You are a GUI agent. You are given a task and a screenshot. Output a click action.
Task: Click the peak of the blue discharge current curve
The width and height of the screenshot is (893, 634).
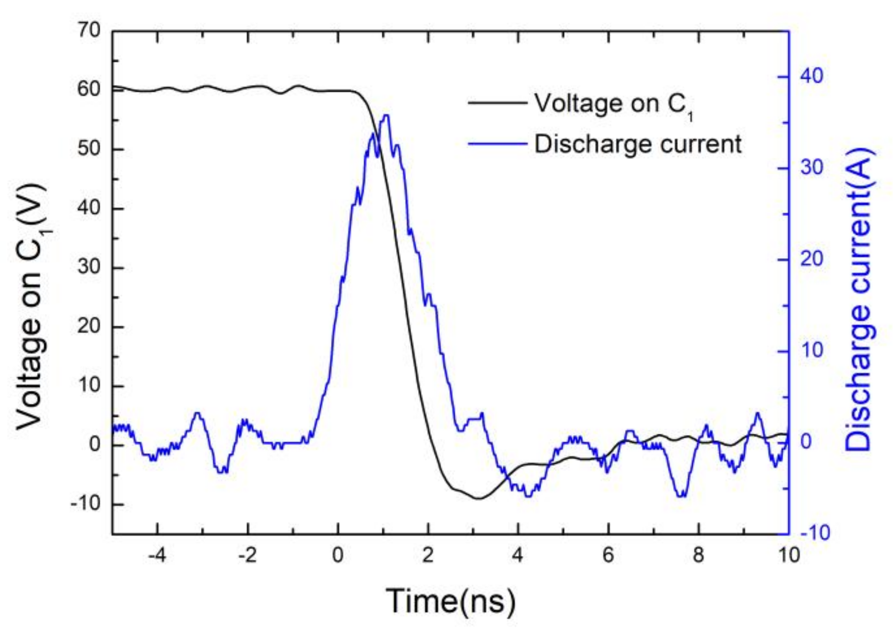pos(386,115)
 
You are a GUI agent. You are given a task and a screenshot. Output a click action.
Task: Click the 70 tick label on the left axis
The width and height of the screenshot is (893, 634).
pos(89,31)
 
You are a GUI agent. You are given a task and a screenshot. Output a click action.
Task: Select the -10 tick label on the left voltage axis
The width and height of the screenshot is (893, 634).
pos(85,504)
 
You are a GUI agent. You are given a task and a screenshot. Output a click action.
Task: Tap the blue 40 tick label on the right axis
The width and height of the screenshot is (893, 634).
pos(811,76)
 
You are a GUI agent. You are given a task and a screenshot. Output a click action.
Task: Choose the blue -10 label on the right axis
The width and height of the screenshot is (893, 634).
pos(814,533)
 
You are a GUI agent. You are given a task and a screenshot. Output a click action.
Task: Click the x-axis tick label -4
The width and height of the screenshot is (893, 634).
pos(156,556)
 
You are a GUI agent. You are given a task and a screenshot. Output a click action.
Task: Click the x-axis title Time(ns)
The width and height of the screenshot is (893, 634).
pos(450,601)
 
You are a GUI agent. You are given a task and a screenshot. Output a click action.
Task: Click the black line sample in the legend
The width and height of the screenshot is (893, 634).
pos(497,103)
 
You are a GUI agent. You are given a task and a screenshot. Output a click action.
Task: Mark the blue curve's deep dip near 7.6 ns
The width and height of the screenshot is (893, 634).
pos(682,496)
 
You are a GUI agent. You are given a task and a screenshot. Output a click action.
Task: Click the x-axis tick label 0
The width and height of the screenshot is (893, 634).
pos(338,556)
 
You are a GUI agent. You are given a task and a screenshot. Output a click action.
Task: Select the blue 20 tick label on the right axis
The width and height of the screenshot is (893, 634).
pos(811,259)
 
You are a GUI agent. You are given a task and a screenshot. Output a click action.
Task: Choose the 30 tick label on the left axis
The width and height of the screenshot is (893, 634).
pos(89,267)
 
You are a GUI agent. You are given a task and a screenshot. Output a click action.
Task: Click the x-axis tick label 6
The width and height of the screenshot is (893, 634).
pos(608,556)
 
